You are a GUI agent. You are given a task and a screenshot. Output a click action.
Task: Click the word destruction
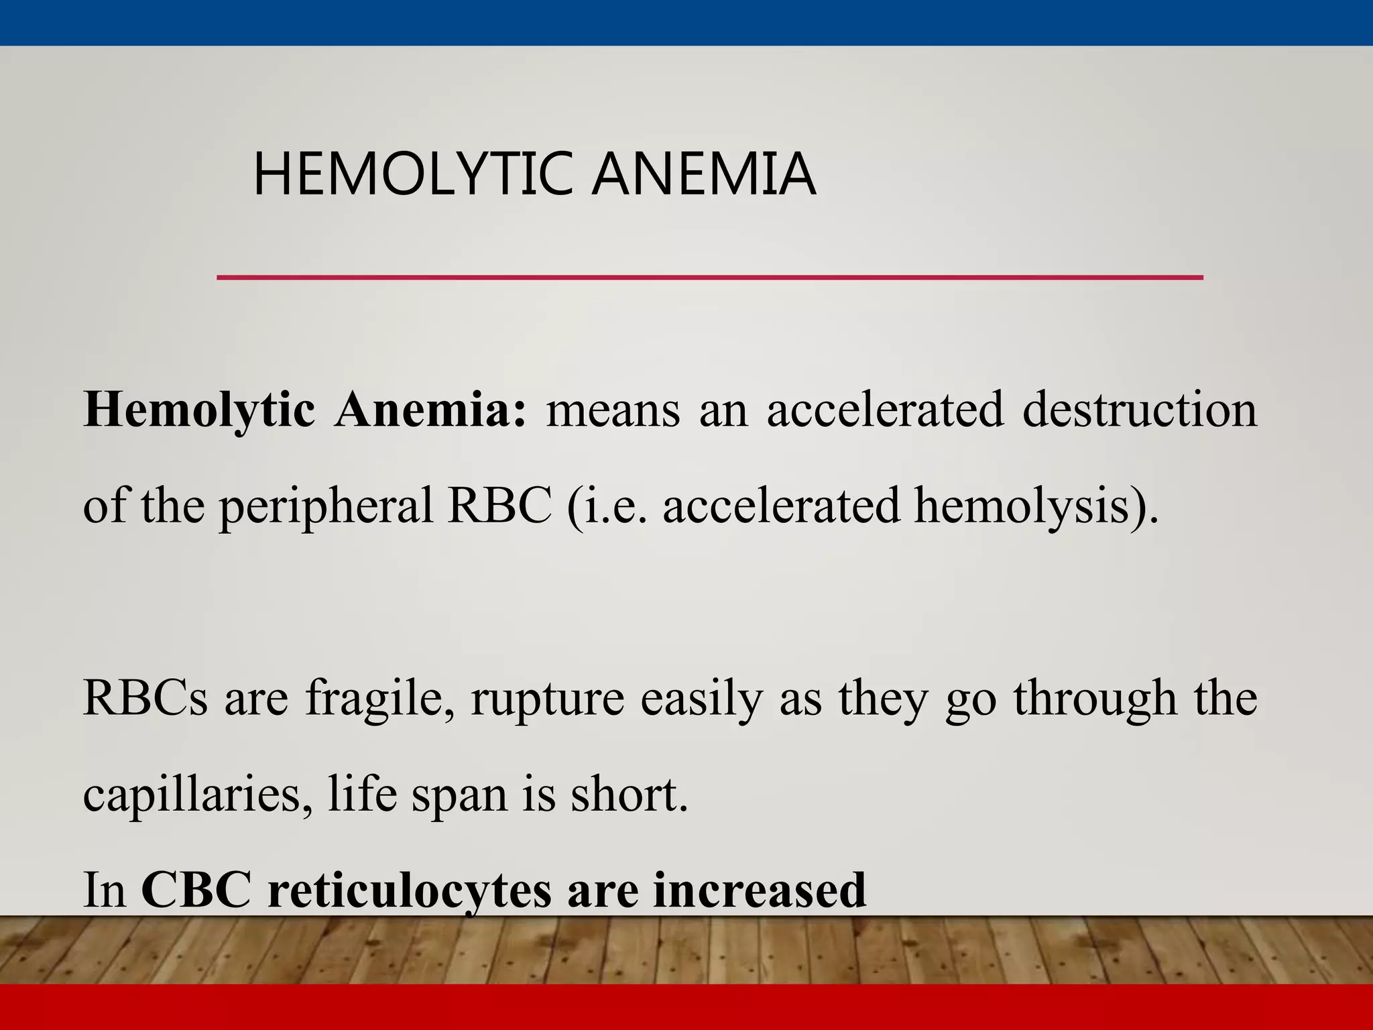click(1139, 410)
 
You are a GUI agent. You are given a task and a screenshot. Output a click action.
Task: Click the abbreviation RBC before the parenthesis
click(499, 506)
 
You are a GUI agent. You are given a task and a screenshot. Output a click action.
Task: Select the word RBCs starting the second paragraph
click(145, 698)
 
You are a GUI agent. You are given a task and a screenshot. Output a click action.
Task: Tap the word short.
click(629, 795)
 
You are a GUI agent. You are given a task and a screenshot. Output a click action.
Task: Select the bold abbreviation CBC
click(196, 891)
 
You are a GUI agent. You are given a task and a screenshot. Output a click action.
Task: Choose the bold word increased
click(760, 891)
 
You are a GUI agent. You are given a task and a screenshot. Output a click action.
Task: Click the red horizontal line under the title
click(709, 277)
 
